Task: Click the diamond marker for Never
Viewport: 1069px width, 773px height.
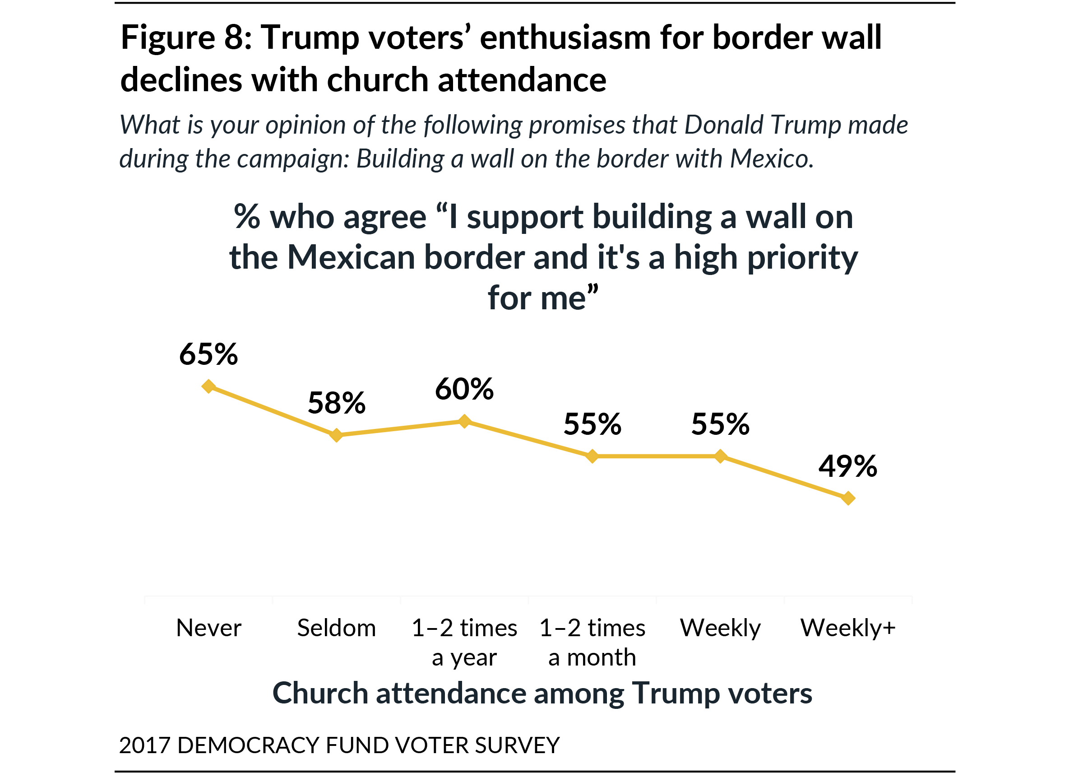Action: pos(209,386)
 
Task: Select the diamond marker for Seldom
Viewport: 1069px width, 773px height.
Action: pos(336,435)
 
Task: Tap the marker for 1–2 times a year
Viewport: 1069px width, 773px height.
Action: pos(464,421)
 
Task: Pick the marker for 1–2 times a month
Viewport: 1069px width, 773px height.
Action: pos(592,456)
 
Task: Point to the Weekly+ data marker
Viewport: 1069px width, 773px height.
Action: pos(848,498)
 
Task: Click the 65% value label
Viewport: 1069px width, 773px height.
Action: pos(208,354)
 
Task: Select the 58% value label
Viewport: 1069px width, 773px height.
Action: pos(337,403)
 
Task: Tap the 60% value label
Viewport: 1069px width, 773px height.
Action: pos(464,389)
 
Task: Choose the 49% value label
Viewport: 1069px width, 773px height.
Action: pos(848,466)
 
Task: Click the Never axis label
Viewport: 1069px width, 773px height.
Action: pos(209,628)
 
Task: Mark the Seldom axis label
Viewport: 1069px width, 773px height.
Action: pos(337,628)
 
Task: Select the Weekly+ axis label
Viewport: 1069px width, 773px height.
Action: pos(848,628)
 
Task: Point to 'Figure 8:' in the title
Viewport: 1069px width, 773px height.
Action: pos(187,38)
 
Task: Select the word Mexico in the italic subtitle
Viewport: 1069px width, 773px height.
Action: pos(772,159)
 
